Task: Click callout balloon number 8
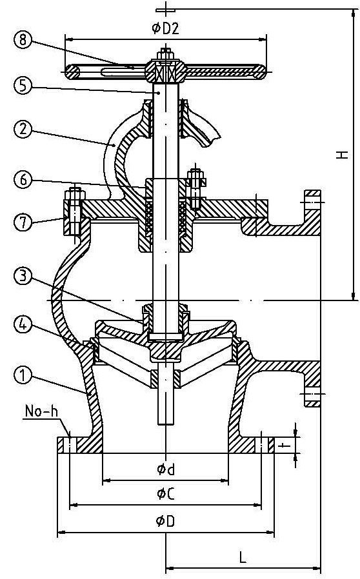click(x=23, y=39)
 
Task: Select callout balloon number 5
click(x=23, y=85)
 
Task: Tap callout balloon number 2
click(x=23, y=129)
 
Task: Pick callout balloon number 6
click(x=23, y=179)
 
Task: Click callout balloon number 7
click(x=23, y=223)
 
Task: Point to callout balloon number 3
click(x=23, y=277)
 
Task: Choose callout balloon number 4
click(x=23, y=324)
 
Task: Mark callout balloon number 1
click(x=23, y=375)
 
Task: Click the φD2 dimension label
click(x=165, y=28)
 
